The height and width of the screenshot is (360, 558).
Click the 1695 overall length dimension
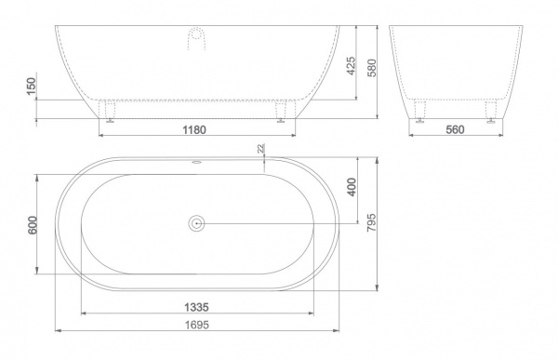coord(197,325)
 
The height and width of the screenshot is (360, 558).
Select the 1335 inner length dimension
coord(196,307)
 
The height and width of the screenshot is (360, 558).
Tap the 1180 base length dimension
coord(194,129)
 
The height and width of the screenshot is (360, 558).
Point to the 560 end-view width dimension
coord(455,129)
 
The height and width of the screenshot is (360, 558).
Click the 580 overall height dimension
coord(371,68)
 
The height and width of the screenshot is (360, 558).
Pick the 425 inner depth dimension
coord(351,66)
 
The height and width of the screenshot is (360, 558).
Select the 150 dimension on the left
coord(32,87)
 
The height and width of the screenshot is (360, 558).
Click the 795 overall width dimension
coord(371,223)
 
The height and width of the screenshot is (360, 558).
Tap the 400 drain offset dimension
coord(352,187)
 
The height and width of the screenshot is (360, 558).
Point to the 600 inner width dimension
coord(32,225)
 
